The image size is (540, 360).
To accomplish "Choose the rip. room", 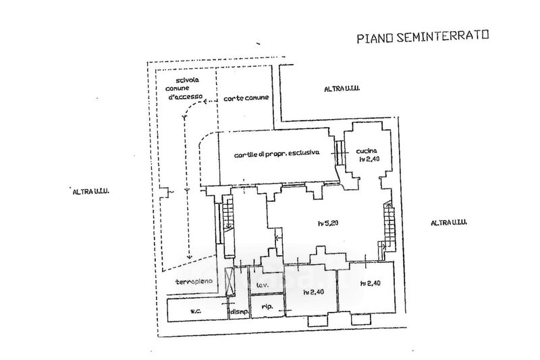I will [266, 307].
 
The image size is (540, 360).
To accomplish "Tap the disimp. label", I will [238, 311].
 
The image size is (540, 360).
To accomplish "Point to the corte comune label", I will [246, 98].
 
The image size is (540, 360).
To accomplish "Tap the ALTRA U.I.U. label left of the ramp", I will [90, 191].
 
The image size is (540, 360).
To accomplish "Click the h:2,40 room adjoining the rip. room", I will [311, 292].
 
